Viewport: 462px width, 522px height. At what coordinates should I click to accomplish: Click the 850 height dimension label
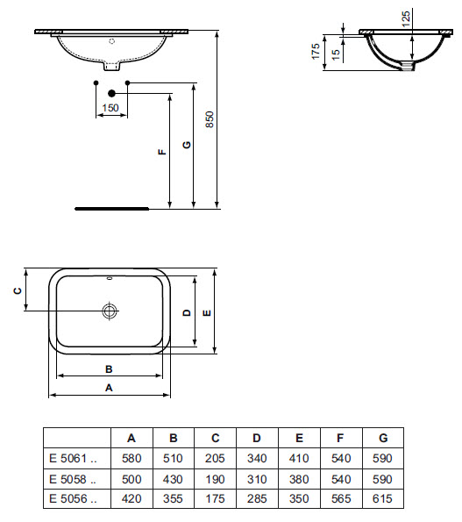[210, 119]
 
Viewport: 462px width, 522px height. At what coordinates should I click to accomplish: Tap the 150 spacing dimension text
[110, 108]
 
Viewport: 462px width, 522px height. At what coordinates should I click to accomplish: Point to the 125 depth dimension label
[406, 19]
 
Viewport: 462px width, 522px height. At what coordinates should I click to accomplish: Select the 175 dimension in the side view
[316, 52]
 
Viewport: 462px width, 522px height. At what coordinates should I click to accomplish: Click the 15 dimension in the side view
[337, 54]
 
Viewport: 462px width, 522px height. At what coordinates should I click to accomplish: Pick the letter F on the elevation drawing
[162, 152]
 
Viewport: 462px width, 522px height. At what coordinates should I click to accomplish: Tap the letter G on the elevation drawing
[188, 145]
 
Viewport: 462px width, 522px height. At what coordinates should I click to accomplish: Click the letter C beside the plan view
[18, 290]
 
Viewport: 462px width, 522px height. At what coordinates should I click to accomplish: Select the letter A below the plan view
[109, 388]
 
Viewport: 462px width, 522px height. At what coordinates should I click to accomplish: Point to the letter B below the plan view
[109, 369]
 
